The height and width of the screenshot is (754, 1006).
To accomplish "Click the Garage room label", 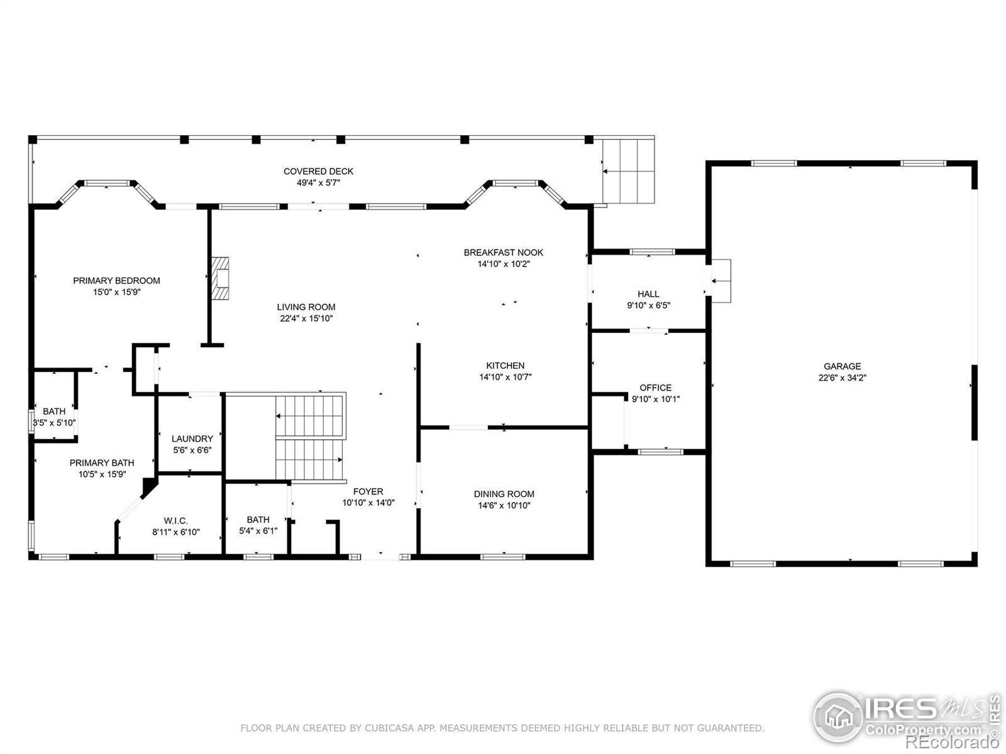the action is click(842, 366).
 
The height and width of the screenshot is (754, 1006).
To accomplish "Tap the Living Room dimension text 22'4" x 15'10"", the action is click(306, 319).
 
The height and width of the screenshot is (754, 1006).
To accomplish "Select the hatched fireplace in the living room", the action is click(220, 278).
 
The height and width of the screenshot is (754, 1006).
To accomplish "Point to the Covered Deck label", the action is click(318, 171).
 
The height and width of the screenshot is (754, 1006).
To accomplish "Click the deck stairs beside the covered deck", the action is click(628, 171).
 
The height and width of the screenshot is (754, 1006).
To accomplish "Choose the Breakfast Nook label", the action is click(503, 252).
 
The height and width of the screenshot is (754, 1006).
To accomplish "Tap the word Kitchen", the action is click(505, 365).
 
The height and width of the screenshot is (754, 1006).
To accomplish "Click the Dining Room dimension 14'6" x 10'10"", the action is click(504, 505).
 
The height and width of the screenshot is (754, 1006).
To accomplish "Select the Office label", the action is click(655, 388).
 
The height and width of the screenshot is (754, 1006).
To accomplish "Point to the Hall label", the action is click(648, 294).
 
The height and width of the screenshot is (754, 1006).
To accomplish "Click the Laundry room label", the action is click(192, 439).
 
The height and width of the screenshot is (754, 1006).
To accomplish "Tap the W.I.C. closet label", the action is click(175, 520).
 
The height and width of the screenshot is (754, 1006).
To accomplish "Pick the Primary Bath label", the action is click(102, 463).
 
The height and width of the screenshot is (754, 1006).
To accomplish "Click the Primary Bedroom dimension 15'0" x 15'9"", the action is click(116, 292).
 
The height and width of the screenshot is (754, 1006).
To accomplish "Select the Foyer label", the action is click(368, 491).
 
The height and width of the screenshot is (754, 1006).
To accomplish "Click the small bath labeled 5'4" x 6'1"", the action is click(258, 525).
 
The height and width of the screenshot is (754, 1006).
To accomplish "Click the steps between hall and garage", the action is click(720, 281).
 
